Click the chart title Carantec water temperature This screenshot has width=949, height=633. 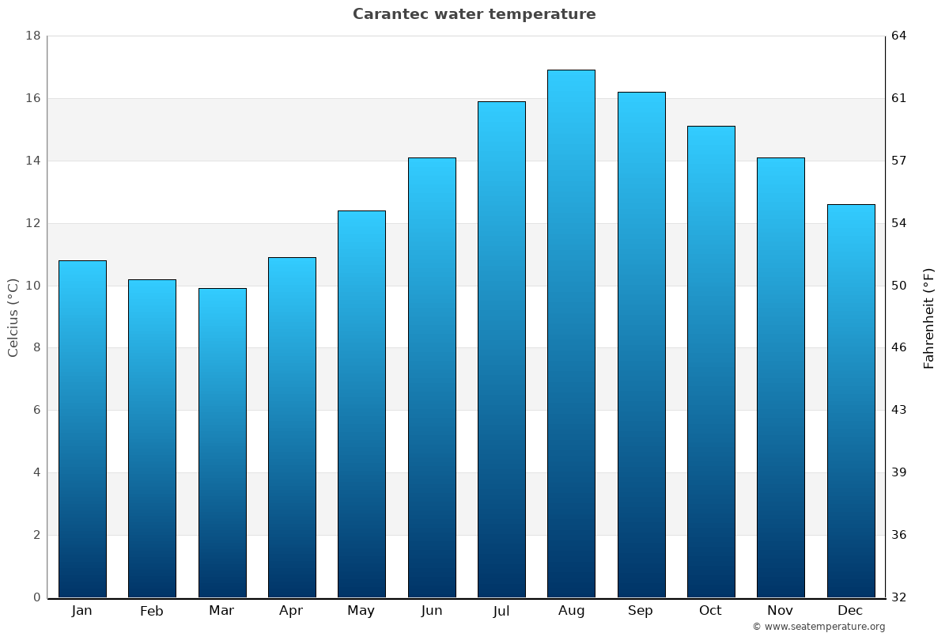(474, 14)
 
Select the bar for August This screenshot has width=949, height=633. (571, 333)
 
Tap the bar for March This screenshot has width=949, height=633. (222, 442)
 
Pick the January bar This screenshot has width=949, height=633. (82, 428)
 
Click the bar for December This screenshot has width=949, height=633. (851, 400)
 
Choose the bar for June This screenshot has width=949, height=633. (432, 377)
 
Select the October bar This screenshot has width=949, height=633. (711, 361)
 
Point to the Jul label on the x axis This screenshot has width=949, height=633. (501, 611)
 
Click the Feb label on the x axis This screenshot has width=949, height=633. (152, 611)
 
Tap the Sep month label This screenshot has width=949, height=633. (641, 611)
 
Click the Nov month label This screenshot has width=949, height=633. (781, 611)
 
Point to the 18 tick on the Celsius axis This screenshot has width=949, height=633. (33, 36)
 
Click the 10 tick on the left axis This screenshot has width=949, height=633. (33, 286)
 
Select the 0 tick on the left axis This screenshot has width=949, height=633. (36, 597)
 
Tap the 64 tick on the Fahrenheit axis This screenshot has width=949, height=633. (900, 36)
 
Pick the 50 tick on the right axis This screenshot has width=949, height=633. (900, 286)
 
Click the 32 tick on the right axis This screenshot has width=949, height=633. (900, 597)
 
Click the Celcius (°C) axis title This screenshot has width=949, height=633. (13, 317)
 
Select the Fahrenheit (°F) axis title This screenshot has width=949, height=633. (929, 317)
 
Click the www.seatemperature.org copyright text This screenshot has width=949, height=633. (819, 627)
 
